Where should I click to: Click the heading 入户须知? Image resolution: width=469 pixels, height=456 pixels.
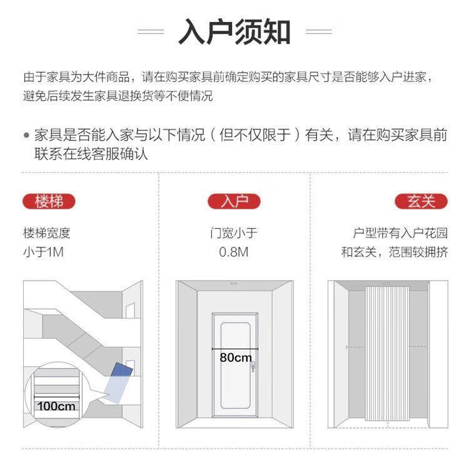pyautogui.click(x=234, y=31)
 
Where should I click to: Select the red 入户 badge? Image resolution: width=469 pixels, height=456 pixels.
pyautogui.click(x=234, y=202)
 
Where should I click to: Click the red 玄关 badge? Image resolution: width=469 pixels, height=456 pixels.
pyautogui.click(x=421, y=202)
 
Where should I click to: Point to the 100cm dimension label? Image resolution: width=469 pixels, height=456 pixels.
pyautogui.click(x=56, y=406)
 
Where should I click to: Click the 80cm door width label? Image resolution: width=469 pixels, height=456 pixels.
pyautogui.click(x=235, y=357)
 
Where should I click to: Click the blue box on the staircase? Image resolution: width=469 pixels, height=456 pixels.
pyautogui.click(x=118, y=380)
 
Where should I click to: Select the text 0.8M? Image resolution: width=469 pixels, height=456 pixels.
pyautogui.click(x=234, y=252)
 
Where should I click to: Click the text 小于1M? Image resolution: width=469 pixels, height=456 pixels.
pyautogui.click(x=44, y=252)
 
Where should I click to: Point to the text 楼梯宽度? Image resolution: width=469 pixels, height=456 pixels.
pyautogui.click(x=47, y=234)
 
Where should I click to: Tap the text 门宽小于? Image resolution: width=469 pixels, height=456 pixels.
pyautogui.click(x=234, y=234)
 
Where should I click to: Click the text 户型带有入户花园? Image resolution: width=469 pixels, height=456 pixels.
pyautogui.click(x=400, y=234)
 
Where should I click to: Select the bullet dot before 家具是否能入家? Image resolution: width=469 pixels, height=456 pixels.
pyautogui.click(x=26, y=135)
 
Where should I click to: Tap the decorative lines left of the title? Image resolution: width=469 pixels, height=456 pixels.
pyautogui.click(x=150, y=31)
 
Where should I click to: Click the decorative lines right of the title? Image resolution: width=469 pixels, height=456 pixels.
pyautogui.click(x=318, y=31)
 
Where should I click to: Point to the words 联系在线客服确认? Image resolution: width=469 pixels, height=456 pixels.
pyautogui.click(x=91, y=153)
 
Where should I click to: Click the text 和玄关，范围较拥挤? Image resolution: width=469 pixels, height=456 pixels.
pyautogui.click(x=395, y=252)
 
